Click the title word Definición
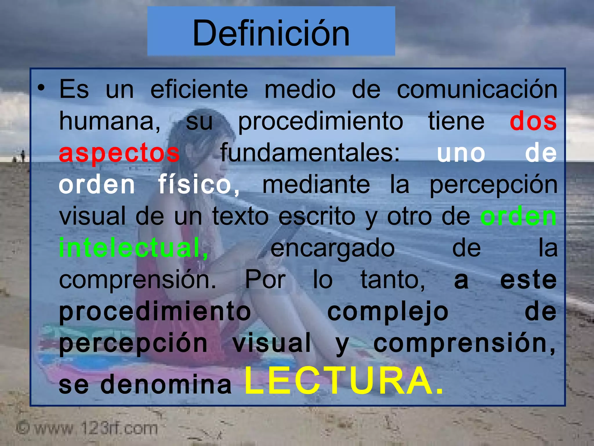[271, 33]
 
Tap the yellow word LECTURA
[344, 381]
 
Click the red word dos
[533, 121]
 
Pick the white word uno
[461, 153]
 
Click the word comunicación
[477, 89]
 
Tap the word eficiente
[199, 89]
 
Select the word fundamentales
[310, 153]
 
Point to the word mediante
[316, 185]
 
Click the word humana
[109, 121]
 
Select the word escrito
[317, 216]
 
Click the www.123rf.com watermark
[87, 428]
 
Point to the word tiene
[456, 121]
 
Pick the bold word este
[528, 280]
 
